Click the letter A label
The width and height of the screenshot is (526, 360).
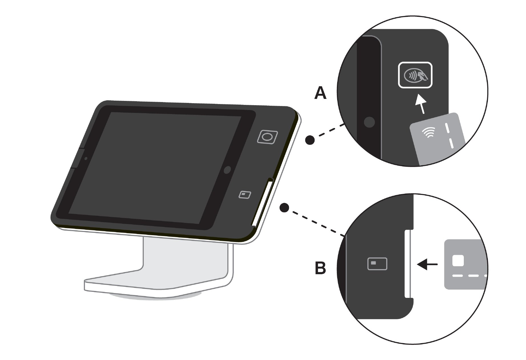(320, 93)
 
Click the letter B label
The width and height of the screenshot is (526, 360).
(320, 269)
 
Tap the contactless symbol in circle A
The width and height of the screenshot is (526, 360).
(415, 75)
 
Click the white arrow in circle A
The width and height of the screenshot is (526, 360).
(420, 104)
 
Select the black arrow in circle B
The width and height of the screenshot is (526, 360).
(427, 264)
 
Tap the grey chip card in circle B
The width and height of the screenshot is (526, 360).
(466, 265)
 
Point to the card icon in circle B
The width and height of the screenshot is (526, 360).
(377, 264)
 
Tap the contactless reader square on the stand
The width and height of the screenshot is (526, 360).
(268, 137)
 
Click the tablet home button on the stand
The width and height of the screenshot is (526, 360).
(227, 170)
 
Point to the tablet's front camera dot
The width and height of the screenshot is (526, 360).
(86, 158)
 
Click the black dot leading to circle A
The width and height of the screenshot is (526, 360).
(310, 140)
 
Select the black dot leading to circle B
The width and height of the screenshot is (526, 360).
(284, 208)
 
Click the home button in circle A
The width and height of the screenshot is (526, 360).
(369, 122)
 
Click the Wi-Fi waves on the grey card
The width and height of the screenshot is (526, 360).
(429, 132)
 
